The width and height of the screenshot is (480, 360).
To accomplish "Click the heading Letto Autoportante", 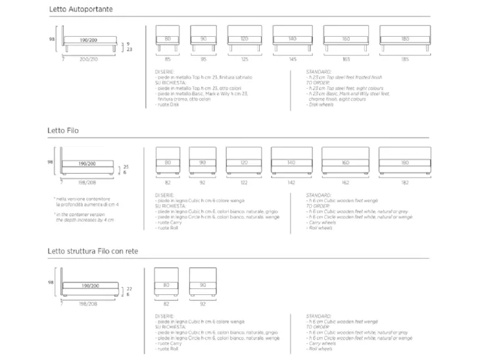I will [x=81, y=11].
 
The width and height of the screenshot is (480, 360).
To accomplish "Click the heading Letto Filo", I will [x=64, y=131].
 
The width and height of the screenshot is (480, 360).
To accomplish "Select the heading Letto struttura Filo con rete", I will [x=93, y=251].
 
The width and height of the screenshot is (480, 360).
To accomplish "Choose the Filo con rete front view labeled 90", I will [x=203, y=279].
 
